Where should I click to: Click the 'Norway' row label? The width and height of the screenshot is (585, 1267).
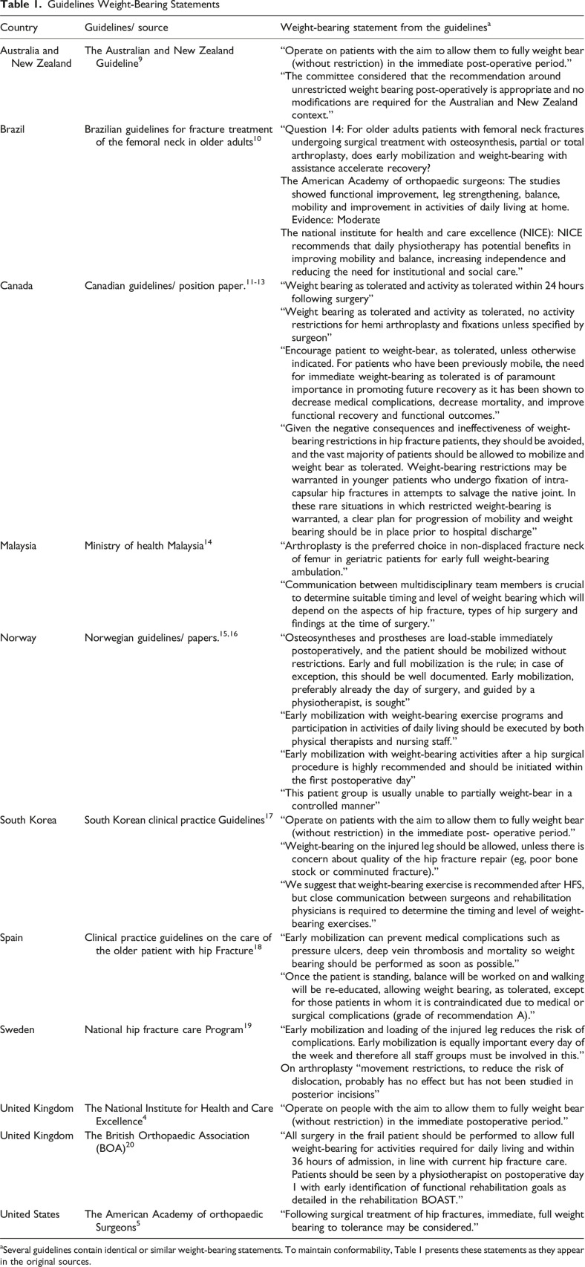[18, 637]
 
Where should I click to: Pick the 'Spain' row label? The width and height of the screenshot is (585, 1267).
[13, 937]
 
